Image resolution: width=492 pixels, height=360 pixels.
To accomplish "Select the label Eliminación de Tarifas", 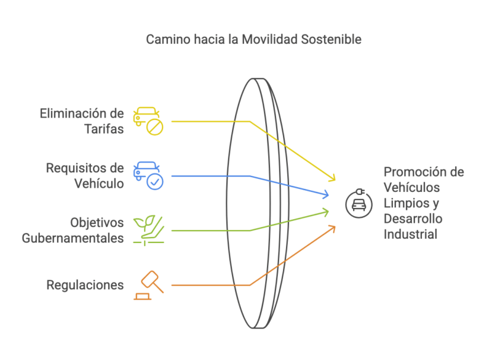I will [82, 121].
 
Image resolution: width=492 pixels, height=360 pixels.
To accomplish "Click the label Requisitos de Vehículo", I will [85, 175].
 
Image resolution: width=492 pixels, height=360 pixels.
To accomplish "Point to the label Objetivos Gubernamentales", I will [73, 230].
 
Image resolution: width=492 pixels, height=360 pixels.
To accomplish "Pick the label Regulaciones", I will [85, 285].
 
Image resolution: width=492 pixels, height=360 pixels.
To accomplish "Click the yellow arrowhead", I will [333, 178].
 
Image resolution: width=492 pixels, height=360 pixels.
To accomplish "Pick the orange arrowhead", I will [332, 228].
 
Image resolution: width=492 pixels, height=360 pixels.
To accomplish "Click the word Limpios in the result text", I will [404, 203].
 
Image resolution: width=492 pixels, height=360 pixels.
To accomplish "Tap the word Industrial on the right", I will [411, 234].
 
